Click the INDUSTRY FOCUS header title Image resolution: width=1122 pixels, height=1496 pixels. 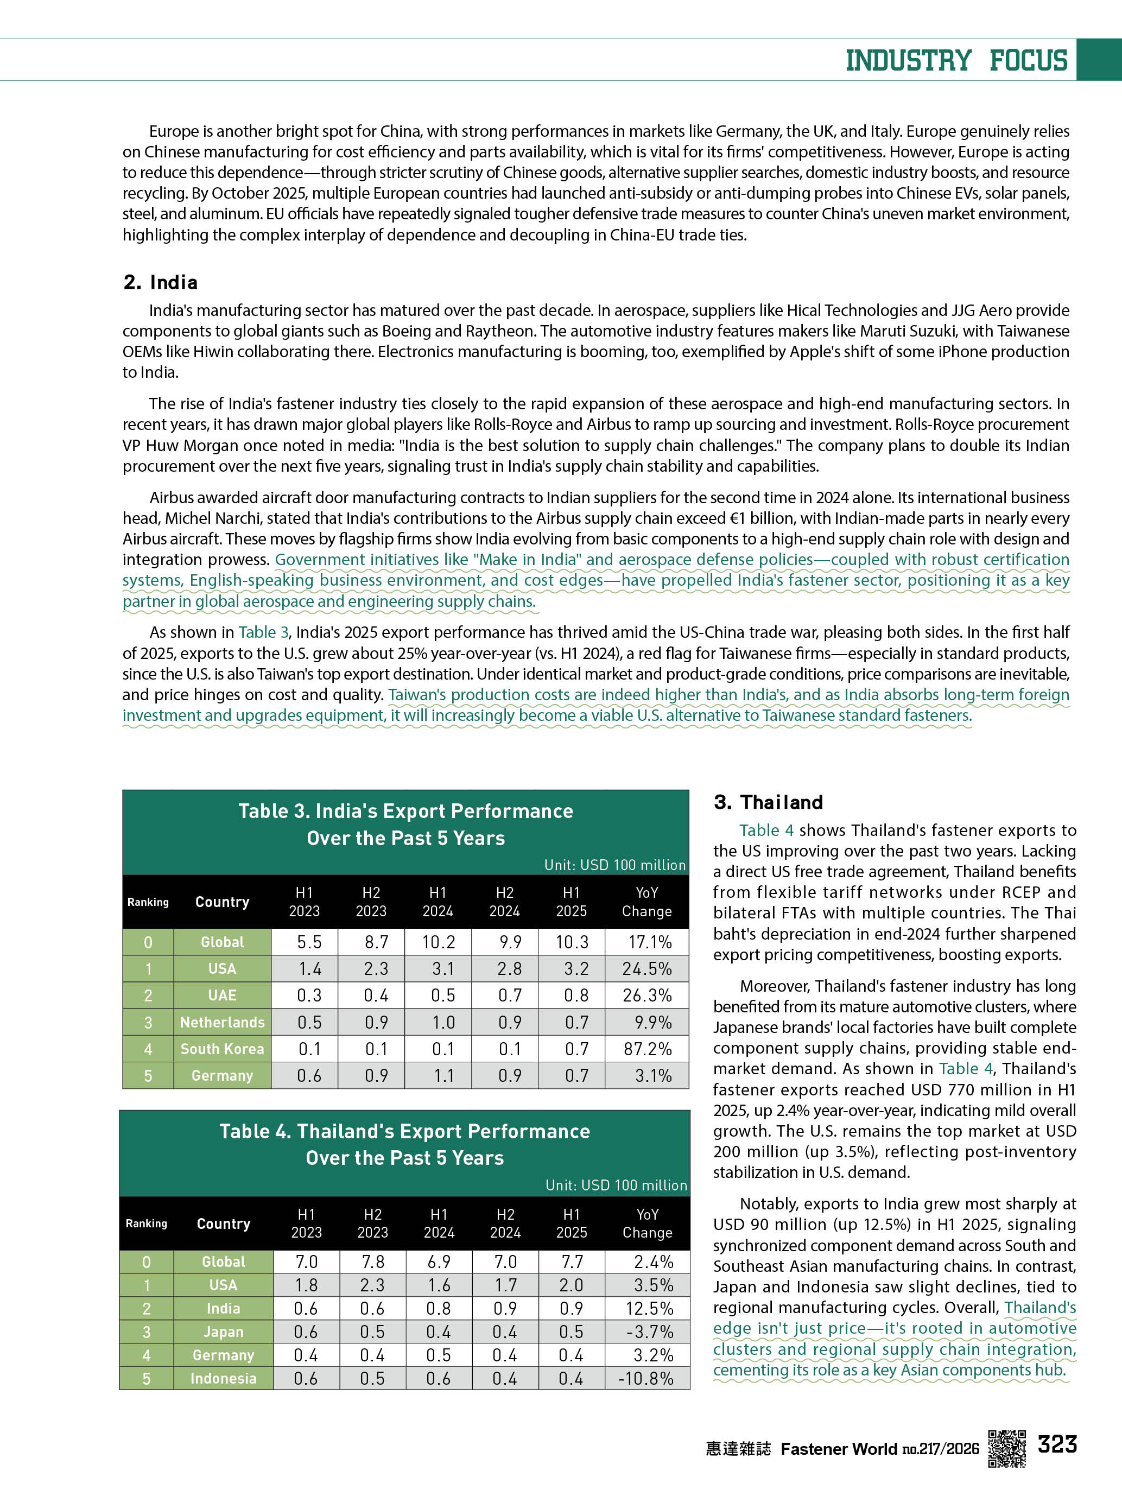(956, 60)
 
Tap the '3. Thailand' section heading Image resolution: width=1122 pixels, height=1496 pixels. (768, 802)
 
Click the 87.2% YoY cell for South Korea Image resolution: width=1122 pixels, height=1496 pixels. (647, 1049)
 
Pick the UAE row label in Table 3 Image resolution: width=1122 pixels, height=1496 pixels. (222, 996)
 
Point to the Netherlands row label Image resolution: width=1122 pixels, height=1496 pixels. (222, 1022)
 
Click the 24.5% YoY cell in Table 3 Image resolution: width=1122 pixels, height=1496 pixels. (646, 968)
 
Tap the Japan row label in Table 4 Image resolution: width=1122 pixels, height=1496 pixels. (223, 1332)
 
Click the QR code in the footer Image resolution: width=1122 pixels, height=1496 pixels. (1006, 1448)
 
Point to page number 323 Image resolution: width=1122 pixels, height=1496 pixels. (1057, 1444)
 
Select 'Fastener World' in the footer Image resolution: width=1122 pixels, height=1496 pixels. (839, 1449)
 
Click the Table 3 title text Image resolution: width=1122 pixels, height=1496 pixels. (406, 825)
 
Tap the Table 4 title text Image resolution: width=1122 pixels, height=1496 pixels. (404, 1144)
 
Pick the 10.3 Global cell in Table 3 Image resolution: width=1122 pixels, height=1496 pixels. (572, 942)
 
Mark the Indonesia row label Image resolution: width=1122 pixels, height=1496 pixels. (223, 1378)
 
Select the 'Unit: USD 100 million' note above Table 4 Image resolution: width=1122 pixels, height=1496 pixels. (616, 1185)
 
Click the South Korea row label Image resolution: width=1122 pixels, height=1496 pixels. (222, 1049)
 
